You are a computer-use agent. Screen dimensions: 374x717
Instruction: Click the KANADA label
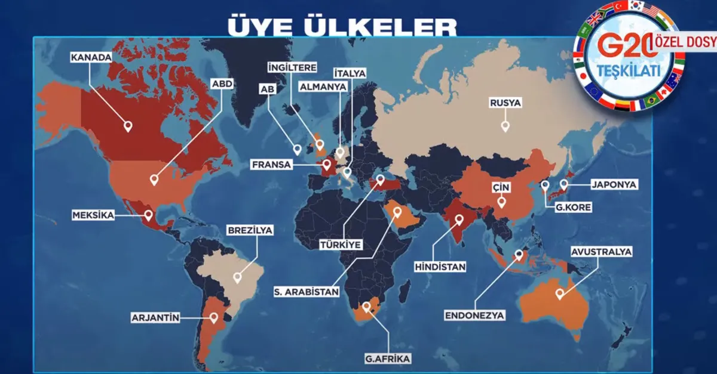[91, 58]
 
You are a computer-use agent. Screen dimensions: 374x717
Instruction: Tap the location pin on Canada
[127, 126]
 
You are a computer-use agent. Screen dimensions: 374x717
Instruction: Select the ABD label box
[222, 84]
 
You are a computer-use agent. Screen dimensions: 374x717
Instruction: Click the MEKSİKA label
[93, 215]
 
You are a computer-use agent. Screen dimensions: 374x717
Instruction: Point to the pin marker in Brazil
[238, 277]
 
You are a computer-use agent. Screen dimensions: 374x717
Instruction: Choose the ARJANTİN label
[155, 318]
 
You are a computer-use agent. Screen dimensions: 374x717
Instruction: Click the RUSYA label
[505, 103]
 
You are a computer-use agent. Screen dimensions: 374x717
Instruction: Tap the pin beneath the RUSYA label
[505, 126]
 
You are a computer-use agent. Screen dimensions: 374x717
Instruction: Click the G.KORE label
[572, 208]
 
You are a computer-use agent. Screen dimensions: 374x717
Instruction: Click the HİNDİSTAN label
[440, 267]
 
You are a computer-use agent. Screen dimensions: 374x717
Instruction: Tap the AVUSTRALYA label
[602, 252]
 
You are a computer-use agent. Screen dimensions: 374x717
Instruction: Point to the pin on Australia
[560, 293]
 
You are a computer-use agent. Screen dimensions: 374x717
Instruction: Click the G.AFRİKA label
[388, 359]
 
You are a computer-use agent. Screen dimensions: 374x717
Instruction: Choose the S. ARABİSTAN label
[307, 292]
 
